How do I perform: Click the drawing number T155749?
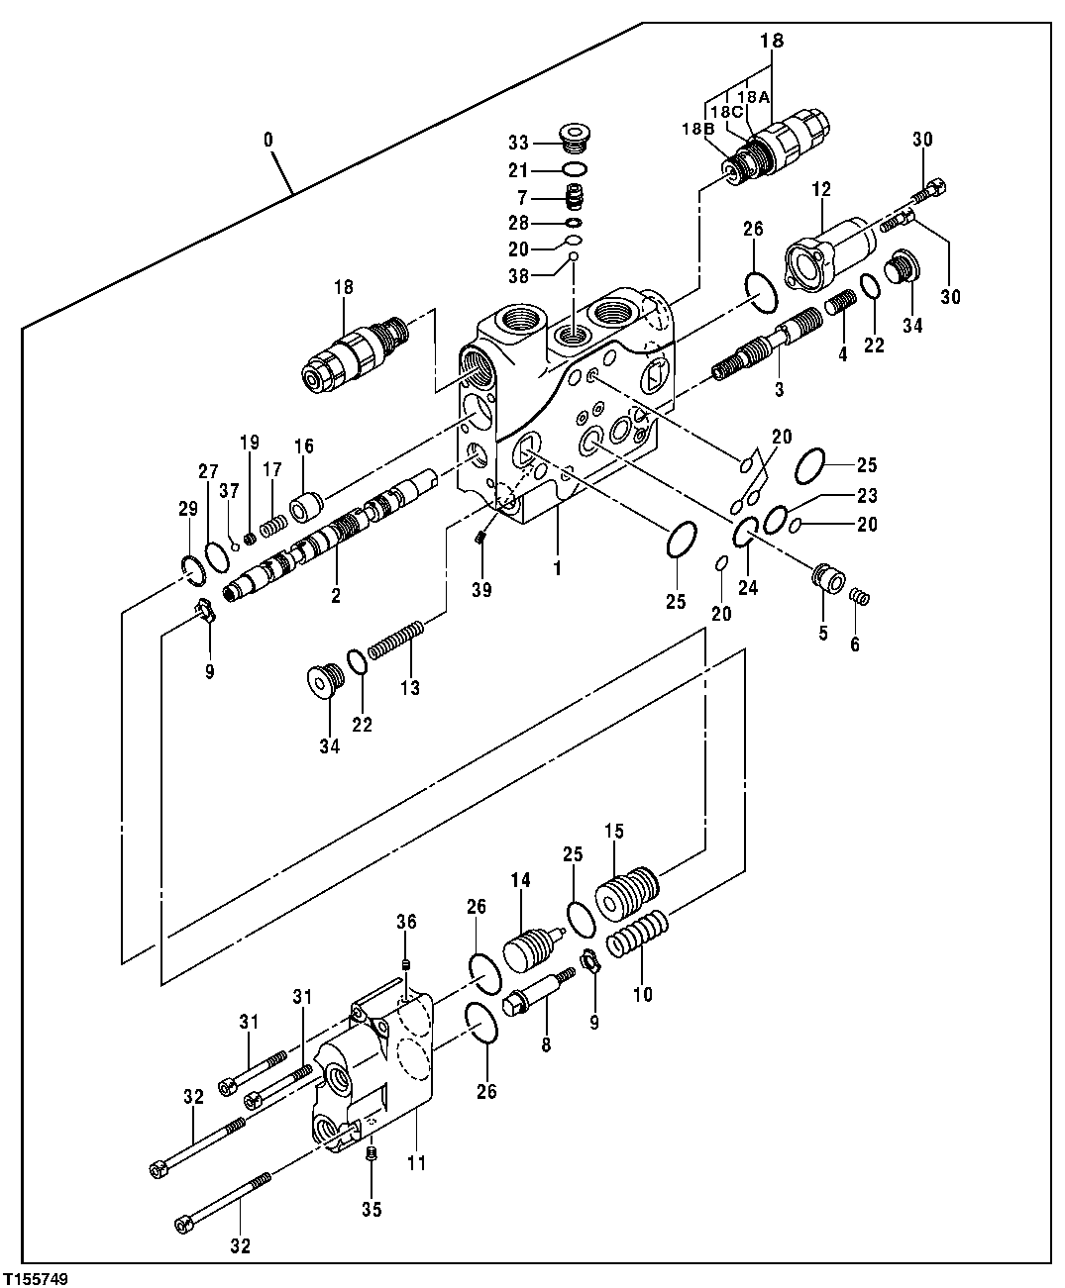(36, 1278)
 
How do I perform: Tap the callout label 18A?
(754, 97)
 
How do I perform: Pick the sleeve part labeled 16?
(303, 506)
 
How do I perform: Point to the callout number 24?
(747, 586)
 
